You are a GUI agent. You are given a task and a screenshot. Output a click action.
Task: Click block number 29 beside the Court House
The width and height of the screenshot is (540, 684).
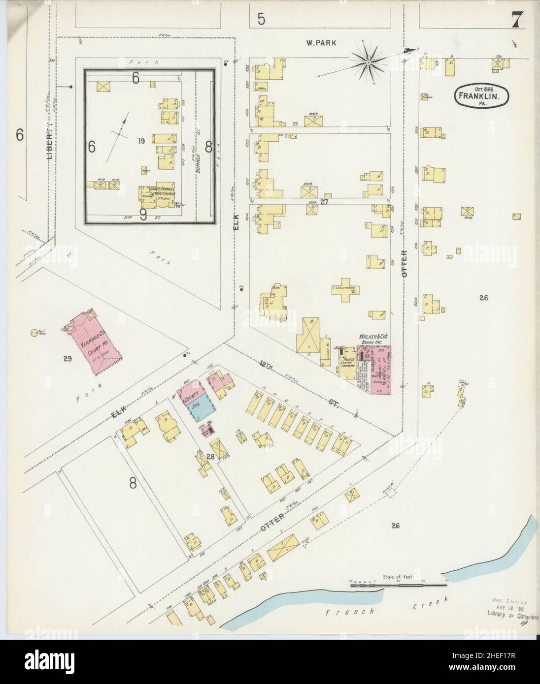tap(67, 359)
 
